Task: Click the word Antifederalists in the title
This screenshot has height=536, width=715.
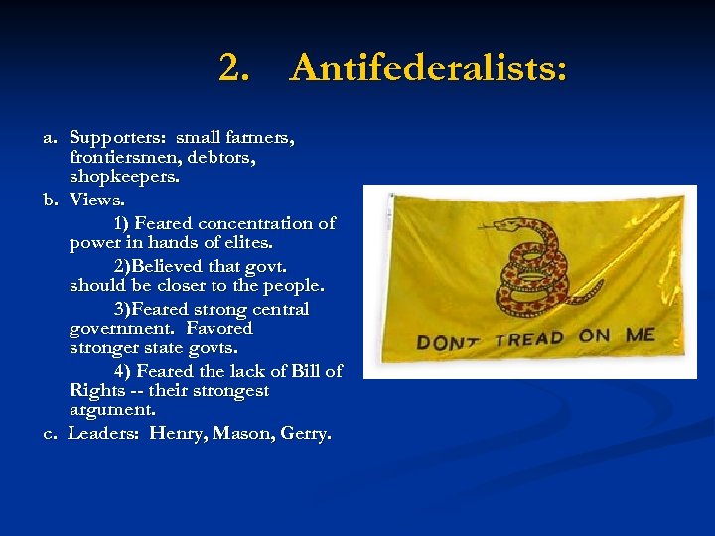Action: [429, 68]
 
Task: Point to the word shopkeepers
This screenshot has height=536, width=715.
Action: [125, 177]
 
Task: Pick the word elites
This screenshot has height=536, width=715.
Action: [245, 243]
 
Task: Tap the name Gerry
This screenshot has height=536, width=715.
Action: [306, 434]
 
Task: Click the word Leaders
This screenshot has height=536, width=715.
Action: [104, 434]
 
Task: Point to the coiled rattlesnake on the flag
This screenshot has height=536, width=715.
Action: [524, 266]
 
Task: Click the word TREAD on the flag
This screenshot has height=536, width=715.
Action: [529, 338]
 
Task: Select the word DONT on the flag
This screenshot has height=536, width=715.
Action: [449, 342]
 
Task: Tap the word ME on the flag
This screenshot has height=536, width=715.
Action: [641, 335]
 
